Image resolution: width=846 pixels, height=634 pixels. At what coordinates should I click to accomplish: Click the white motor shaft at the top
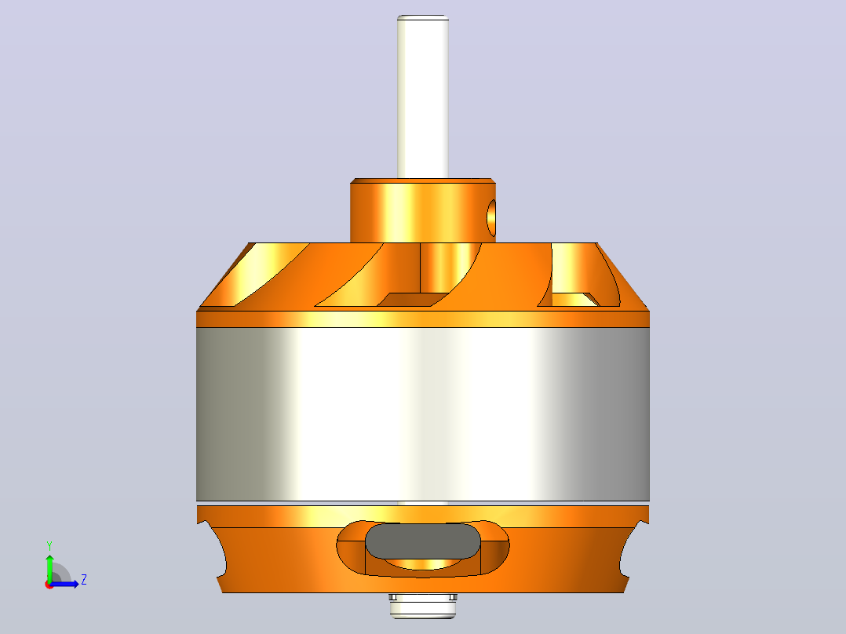(x=422, y=97)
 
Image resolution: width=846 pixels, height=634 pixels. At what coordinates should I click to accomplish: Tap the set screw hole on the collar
(x=491, y=218)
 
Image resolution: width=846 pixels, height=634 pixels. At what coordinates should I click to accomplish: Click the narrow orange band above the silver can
(x=422, y=319)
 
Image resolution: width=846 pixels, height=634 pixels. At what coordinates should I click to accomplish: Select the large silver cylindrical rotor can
(x=422, y=414)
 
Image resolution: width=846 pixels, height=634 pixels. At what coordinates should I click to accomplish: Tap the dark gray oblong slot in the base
(x=422, y=541)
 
